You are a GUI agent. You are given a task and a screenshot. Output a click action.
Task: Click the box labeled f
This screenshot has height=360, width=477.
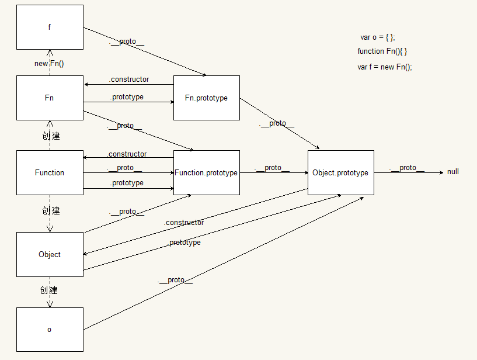click(x=50, y=27)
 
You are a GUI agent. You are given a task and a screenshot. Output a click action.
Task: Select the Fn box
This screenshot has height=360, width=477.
click(x=50, y=98)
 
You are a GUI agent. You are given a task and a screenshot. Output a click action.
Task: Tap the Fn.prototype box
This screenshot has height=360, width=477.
click(x=206, y=98)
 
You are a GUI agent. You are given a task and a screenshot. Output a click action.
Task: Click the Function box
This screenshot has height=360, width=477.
click(x=50, y=172)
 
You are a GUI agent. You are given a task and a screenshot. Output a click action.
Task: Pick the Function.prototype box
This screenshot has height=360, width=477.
click(x=206, y=172)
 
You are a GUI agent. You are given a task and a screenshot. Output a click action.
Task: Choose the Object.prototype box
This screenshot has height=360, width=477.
click(x=340, y=172)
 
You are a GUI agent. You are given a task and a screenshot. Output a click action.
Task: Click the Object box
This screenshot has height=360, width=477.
click(x=50, y=254)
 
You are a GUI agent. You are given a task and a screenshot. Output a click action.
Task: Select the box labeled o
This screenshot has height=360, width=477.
click(x=50, y=330)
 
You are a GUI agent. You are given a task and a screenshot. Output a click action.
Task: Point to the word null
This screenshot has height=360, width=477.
click(x=453, y=172)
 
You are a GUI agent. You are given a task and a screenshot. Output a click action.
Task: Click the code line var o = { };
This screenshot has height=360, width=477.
click(x=377, y=37)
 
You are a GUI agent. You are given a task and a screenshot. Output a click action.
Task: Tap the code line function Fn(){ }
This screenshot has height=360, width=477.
click(x=382, y=51)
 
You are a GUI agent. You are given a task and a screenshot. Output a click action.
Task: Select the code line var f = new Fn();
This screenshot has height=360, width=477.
click(x=385, y=67)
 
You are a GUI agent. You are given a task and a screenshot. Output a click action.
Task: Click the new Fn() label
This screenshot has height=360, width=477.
click(x=49, y=63)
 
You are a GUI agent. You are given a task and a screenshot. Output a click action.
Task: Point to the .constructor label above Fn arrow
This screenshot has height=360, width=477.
click(x=128, y=79)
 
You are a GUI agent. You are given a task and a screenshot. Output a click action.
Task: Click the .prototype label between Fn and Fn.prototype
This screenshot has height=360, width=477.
click(x=126, y=97)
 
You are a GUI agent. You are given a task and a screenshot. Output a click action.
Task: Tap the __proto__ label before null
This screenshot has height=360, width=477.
click(x=407, y=168)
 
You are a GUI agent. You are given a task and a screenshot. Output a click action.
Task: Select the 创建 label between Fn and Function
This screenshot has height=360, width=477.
click(x=51, y=136)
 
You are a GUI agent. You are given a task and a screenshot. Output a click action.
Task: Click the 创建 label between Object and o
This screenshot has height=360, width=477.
click(x=49, y=290)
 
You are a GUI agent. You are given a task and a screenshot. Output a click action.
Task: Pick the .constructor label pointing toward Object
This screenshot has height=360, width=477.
click(x=184, y=223)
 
